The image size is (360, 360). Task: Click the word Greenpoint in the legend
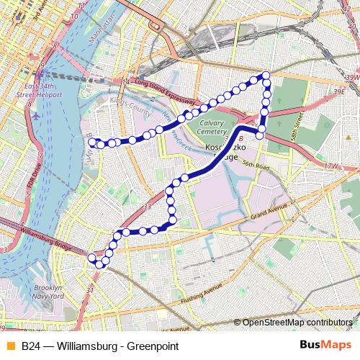pyautogui.click(x=153, y=346)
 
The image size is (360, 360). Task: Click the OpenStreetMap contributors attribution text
pyautogui.click(x=297, y=323)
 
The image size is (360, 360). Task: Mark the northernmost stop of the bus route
pyautogui.click(x=266, y=76)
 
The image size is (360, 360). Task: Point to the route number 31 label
pyautogui.click(x=90, y=290)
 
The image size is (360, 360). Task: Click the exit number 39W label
pyautogui.click(x=351, y=77)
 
